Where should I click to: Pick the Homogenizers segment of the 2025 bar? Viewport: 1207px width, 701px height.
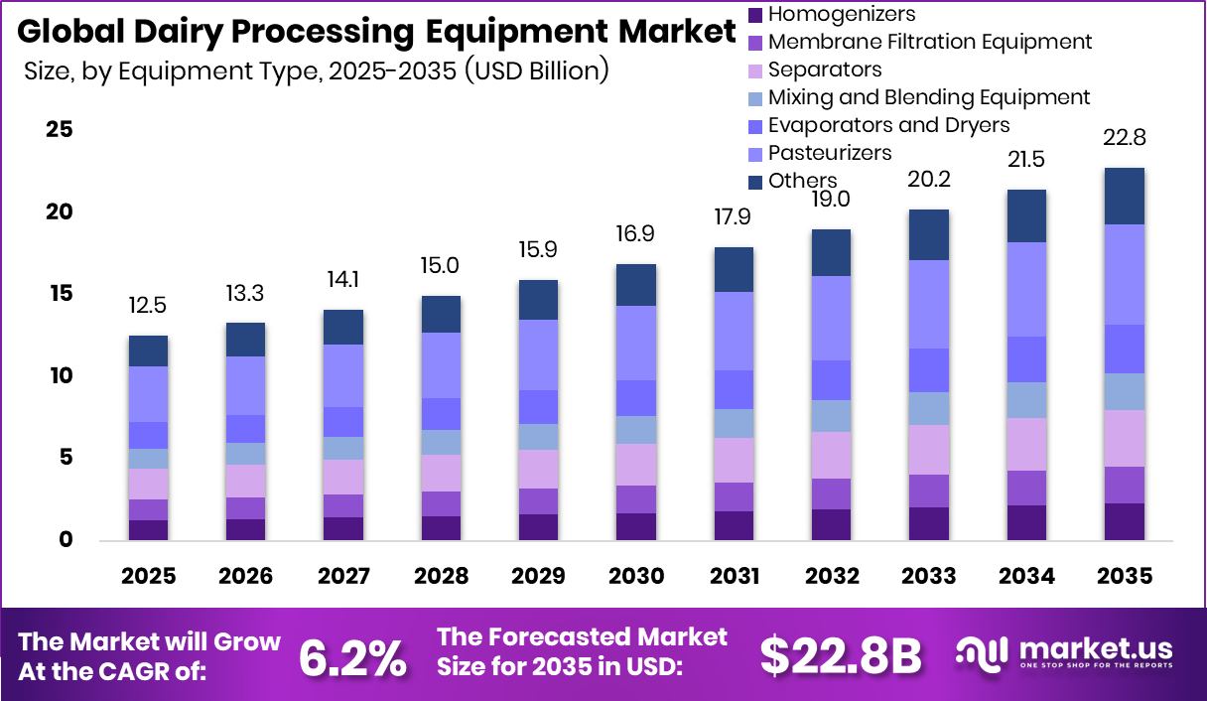(148, 529)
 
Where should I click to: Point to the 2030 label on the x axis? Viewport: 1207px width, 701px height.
(635, 577)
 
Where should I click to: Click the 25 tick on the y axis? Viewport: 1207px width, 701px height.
(60, 130)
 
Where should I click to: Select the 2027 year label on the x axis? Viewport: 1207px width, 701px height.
(343, 577)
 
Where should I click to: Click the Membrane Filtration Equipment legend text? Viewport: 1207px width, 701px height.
(929, 42)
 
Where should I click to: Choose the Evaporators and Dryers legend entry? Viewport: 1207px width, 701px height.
(888, 125)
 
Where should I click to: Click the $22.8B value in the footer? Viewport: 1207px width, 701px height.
(841, 655)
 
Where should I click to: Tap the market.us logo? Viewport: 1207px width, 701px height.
(1064, 652)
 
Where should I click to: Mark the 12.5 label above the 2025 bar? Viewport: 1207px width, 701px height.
(148, 306)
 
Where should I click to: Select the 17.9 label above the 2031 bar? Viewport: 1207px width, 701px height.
(733, 216)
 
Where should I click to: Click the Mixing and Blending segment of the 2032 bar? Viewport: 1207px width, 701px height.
(831, 416)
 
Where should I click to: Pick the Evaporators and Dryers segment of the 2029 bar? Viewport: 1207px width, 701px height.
(538, 407)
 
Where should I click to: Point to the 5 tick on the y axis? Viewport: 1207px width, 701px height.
(66, 458)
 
